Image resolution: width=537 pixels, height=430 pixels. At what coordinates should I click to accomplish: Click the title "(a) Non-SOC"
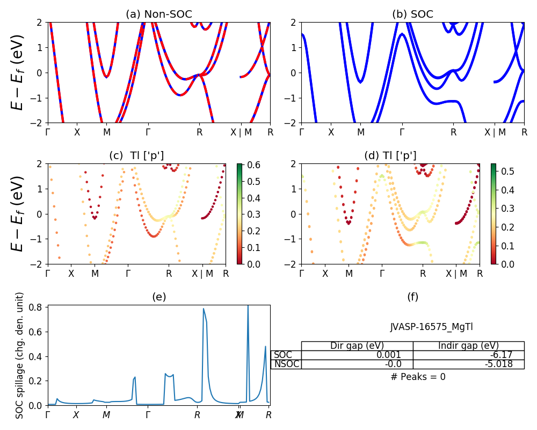tap(158, 15)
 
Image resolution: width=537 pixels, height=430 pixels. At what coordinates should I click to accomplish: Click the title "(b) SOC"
tap(412, 15)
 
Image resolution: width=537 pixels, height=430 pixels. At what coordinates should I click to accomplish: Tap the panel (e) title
tap(158, 297)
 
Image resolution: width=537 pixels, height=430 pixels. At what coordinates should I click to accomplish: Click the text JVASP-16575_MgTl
tap(431, 327)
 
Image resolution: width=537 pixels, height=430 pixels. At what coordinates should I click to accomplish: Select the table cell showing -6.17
tap(468, 355)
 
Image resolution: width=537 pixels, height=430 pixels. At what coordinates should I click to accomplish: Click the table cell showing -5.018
tap(468, 364)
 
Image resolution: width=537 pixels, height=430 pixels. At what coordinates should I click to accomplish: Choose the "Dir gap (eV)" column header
tap(357, 346)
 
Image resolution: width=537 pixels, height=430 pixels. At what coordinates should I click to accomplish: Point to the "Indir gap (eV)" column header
tap(468, 346)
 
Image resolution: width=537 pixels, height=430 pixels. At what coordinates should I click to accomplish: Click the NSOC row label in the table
tap(286, 364)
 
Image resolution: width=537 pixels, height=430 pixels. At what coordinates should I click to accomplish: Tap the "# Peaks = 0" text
tap(418, 377)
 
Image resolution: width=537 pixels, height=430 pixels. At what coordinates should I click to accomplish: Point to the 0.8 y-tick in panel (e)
tap(38, 307)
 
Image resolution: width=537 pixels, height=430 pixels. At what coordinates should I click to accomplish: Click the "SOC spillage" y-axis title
tap(20, 355)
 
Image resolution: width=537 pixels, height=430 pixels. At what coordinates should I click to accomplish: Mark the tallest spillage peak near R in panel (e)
tap(204, 309)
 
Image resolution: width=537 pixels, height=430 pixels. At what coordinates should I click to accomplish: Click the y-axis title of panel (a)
tap(18, 73)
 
